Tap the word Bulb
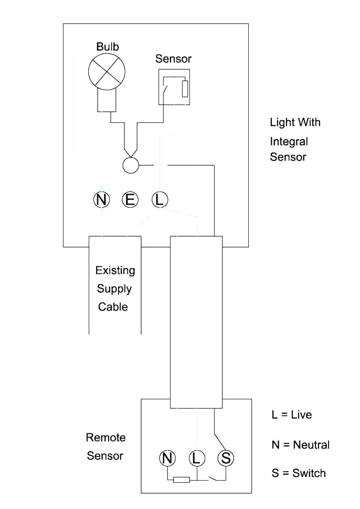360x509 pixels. (x=108, y=47)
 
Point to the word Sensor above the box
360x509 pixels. (x=173, y=59)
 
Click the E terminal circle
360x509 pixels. (x=130, y=199)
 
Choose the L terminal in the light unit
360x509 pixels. (x=160, y=199)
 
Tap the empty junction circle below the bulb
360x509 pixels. (x=130, y=165)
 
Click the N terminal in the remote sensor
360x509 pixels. (x=167, y=458)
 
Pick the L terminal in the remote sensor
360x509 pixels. (x=196, y=458)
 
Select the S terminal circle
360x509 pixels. (x=226, y=458)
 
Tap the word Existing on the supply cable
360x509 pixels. (x=115, y=271)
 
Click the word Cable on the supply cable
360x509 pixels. (x=113, y=306)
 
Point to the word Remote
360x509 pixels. (x=105, y=438)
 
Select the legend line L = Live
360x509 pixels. (x=291, y=415)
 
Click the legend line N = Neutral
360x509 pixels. (x=300, y=445)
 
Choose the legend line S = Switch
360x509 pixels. (x=298, y=473)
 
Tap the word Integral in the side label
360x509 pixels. (x=289, y=142)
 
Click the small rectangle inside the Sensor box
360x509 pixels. (x=185, y=89)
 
